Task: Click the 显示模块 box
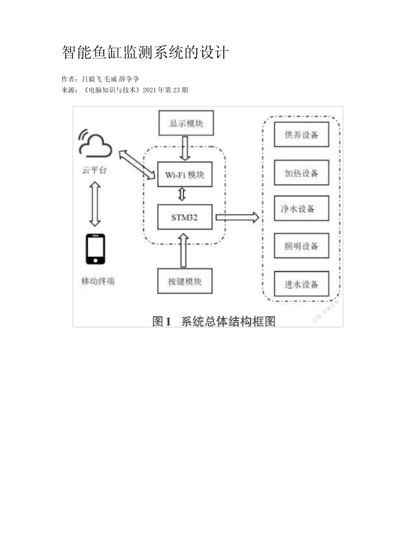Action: coord(186,123)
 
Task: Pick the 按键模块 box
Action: coord(185,281)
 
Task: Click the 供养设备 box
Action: coord(301,135)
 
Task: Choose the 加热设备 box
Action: coord(301,173)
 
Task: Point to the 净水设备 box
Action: coord(301,209)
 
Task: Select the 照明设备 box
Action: coord(301,246)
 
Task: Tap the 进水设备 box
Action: coord(301,284)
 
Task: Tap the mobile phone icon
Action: coord(95,249)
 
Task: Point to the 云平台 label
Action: coord(94,170)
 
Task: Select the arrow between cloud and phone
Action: coord(95,204)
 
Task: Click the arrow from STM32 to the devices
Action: coord(236,217)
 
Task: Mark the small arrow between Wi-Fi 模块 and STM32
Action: coord(182,194)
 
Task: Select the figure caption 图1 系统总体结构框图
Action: coord(214,321)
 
